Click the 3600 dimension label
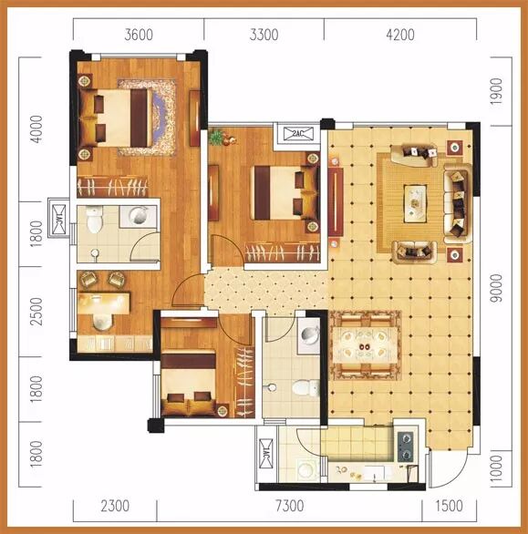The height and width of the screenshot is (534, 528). tap(139, 35)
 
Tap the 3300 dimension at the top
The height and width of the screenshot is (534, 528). tap(264, 35)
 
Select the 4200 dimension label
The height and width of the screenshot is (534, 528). tap(400, 35)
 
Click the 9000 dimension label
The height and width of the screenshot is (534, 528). tap(497, 288)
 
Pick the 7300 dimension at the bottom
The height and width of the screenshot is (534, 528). tap(290, 506)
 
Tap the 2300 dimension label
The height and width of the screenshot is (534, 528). tap(115, 506)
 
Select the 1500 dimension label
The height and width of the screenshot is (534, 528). tap(449, 506)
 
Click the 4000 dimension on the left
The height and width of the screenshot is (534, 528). tap(36, 129)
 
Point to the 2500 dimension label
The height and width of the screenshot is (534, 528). tap(36, 312)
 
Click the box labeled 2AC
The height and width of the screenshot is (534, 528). tap(298, 133)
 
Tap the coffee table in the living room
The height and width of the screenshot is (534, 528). tap(415, 203)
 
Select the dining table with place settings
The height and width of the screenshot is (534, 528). tap(365, 346)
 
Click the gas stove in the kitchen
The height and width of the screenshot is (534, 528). tap(406, 447)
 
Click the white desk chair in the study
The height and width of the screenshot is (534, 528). tap(102, 322)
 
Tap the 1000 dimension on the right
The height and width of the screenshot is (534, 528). tap(497, 467)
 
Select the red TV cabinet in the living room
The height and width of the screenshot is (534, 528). tap(336, 201)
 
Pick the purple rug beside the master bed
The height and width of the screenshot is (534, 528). tap(158, 118)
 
